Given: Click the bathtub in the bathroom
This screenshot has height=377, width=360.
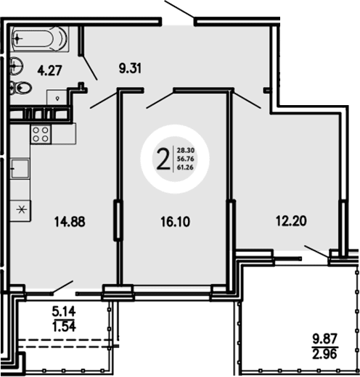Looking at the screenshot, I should pyautogui.click(x=41, y=38).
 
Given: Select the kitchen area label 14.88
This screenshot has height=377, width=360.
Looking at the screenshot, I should pyautogui.click(x=70, y=223).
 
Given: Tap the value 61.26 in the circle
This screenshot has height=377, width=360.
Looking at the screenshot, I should pyautogui.click(x=184, y=167).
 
